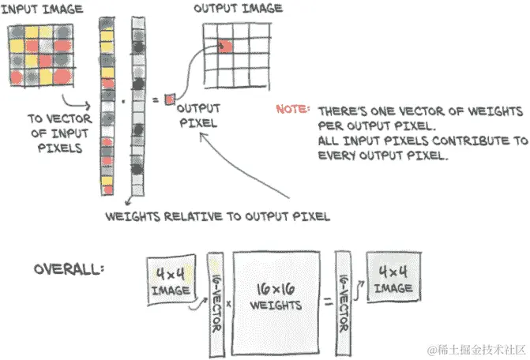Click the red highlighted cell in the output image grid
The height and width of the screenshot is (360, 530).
click(x=224, y=46)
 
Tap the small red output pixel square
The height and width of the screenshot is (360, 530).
click(x=168, y=99)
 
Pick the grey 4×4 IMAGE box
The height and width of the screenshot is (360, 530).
click(x=392, y=281)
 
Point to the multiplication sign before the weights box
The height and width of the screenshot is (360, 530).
click(x=228, y=303)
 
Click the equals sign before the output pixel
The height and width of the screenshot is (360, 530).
click(x=155, y=99)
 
